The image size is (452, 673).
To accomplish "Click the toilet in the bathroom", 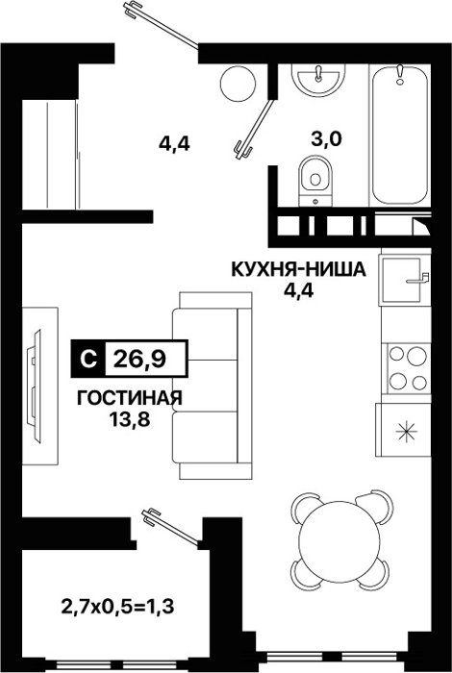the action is (316, 181).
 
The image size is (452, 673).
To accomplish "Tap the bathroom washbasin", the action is (318, 80).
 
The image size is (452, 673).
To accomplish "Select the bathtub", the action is (400, 134).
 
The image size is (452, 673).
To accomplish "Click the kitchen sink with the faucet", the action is (404, 280).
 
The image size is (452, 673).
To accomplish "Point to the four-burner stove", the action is (408, 368).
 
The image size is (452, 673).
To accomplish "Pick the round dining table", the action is (339, 539).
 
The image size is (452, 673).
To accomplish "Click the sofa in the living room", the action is (212, 386).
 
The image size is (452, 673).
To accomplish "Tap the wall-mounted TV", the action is (34, 386).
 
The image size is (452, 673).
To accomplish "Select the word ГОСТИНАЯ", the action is (130, 398).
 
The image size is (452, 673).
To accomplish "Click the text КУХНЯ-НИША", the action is (299, 270).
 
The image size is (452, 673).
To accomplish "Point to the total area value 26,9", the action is (140, 359).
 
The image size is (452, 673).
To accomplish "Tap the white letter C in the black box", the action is (88, 359).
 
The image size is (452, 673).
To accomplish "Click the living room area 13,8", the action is (130, 419).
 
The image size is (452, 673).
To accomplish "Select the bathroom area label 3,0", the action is (326, 139).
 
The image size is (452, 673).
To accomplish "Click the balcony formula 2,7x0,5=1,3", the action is (117, 607).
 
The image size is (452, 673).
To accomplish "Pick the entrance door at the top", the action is (161, 24).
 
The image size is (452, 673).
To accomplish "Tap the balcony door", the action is (171, 527).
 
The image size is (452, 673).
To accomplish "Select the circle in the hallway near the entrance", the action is (238, 84).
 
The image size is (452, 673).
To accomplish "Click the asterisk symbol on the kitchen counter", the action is (406, 431).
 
